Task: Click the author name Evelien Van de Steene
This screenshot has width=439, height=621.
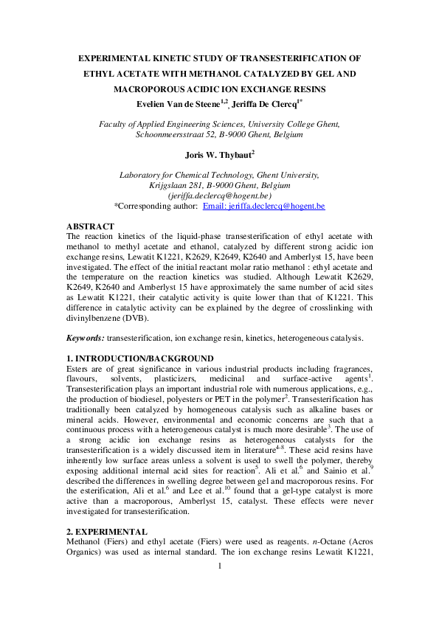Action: (x=178, y=102)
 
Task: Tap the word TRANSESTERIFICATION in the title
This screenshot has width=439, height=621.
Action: (x=293, y=57)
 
